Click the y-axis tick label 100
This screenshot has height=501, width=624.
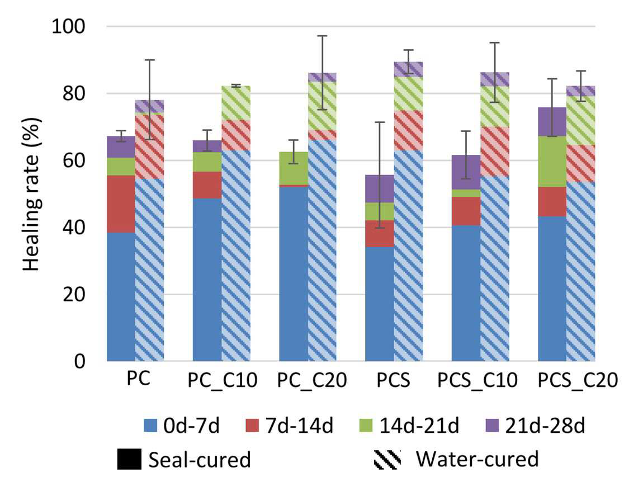tap(68, 27)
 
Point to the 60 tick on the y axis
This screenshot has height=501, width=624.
tap(74, 161)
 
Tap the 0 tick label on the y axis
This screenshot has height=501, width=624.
tap(79, 362)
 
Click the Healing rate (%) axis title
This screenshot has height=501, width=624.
tap(31, 194)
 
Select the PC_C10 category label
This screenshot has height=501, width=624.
tap(223, 380)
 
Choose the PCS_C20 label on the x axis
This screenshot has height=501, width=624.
tap(578, 380)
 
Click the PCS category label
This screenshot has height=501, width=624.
tap(393, 380)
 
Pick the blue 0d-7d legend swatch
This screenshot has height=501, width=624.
tap(151, 426)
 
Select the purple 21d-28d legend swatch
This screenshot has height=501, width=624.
tap(491, 426)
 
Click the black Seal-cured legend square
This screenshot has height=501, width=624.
tap(129, 459)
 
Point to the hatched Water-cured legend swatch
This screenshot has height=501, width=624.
tap(387, 459)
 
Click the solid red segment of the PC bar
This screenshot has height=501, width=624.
tap(121, 204)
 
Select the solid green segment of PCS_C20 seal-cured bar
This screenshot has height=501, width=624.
tap(552, 162)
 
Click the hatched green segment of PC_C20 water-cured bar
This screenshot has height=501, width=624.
tap(323, 106)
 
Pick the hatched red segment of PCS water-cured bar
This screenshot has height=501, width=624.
tap(408, 130)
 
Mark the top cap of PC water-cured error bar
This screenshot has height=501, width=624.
tap(150, 60)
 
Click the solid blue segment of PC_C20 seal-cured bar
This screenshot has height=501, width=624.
tap(294, 274)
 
